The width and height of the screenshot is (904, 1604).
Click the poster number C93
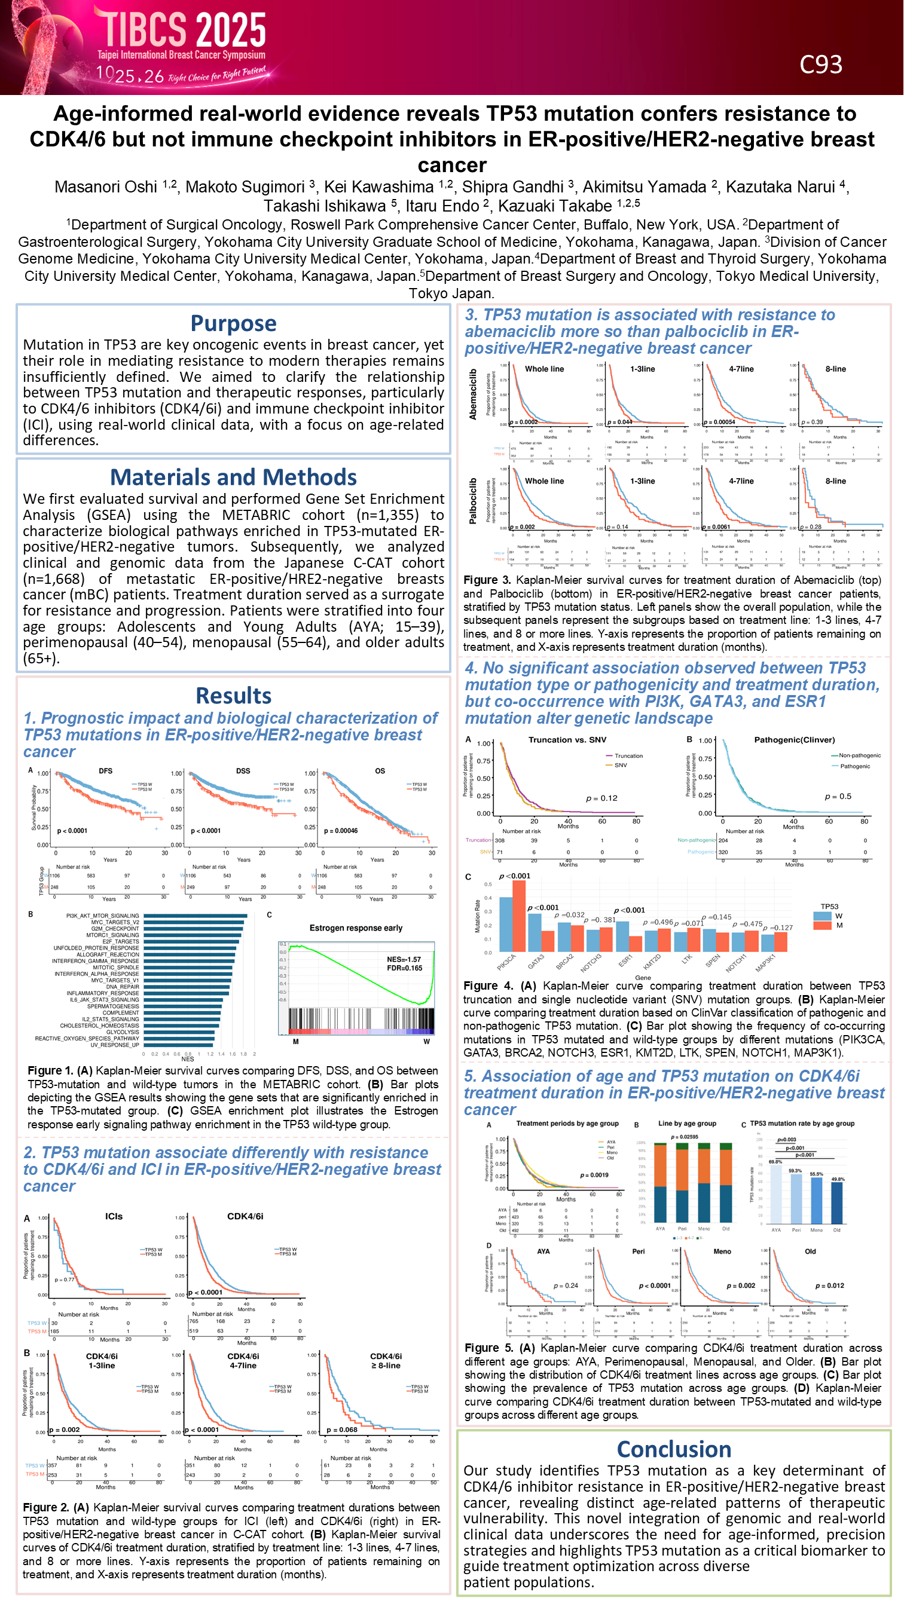[x=820, y=65]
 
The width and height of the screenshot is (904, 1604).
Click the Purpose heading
[x=233, y=324]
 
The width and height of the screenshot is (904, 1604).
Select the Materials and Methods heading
[x=233, y=477]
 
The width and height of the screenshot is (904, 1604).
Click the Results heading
[x=233, y=696]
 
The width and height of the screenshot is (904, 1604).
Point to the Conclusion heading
[x=673, y=1449]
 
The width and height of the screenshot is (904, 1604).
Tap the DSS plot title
[x=243, y=771]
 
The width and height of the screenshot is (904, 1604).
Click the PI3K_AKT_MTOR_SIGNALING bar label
[x=102, y=916]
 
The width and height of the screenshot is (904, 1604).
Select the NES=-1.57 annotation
[x=404, y=960]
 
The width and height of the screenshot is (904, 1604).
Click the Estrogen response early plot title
[x=356, y=927]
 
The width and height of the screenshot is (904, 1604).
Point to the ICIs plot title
[x=114, y=1216]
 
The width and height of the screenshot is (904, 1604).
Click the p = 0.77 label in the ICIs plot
[x=64, y=1280]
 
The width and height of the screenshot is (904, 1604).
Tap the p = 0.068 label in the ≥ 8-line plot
[x=342, y=1429]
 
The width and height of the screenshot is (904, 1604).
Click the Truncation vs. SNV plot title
[x=567, y=740]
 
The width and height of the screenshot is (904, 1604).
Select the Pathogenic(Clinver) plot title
[x=795, y=740]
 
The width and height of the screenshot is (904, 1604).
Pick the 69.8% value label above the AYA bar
[x=775, y=1162]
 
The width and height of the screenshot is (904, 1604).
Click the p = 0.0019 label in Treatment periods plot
[x=594, y=1175]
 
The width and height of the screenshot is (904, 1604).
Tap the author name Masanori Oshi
[x=106, y=187]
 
